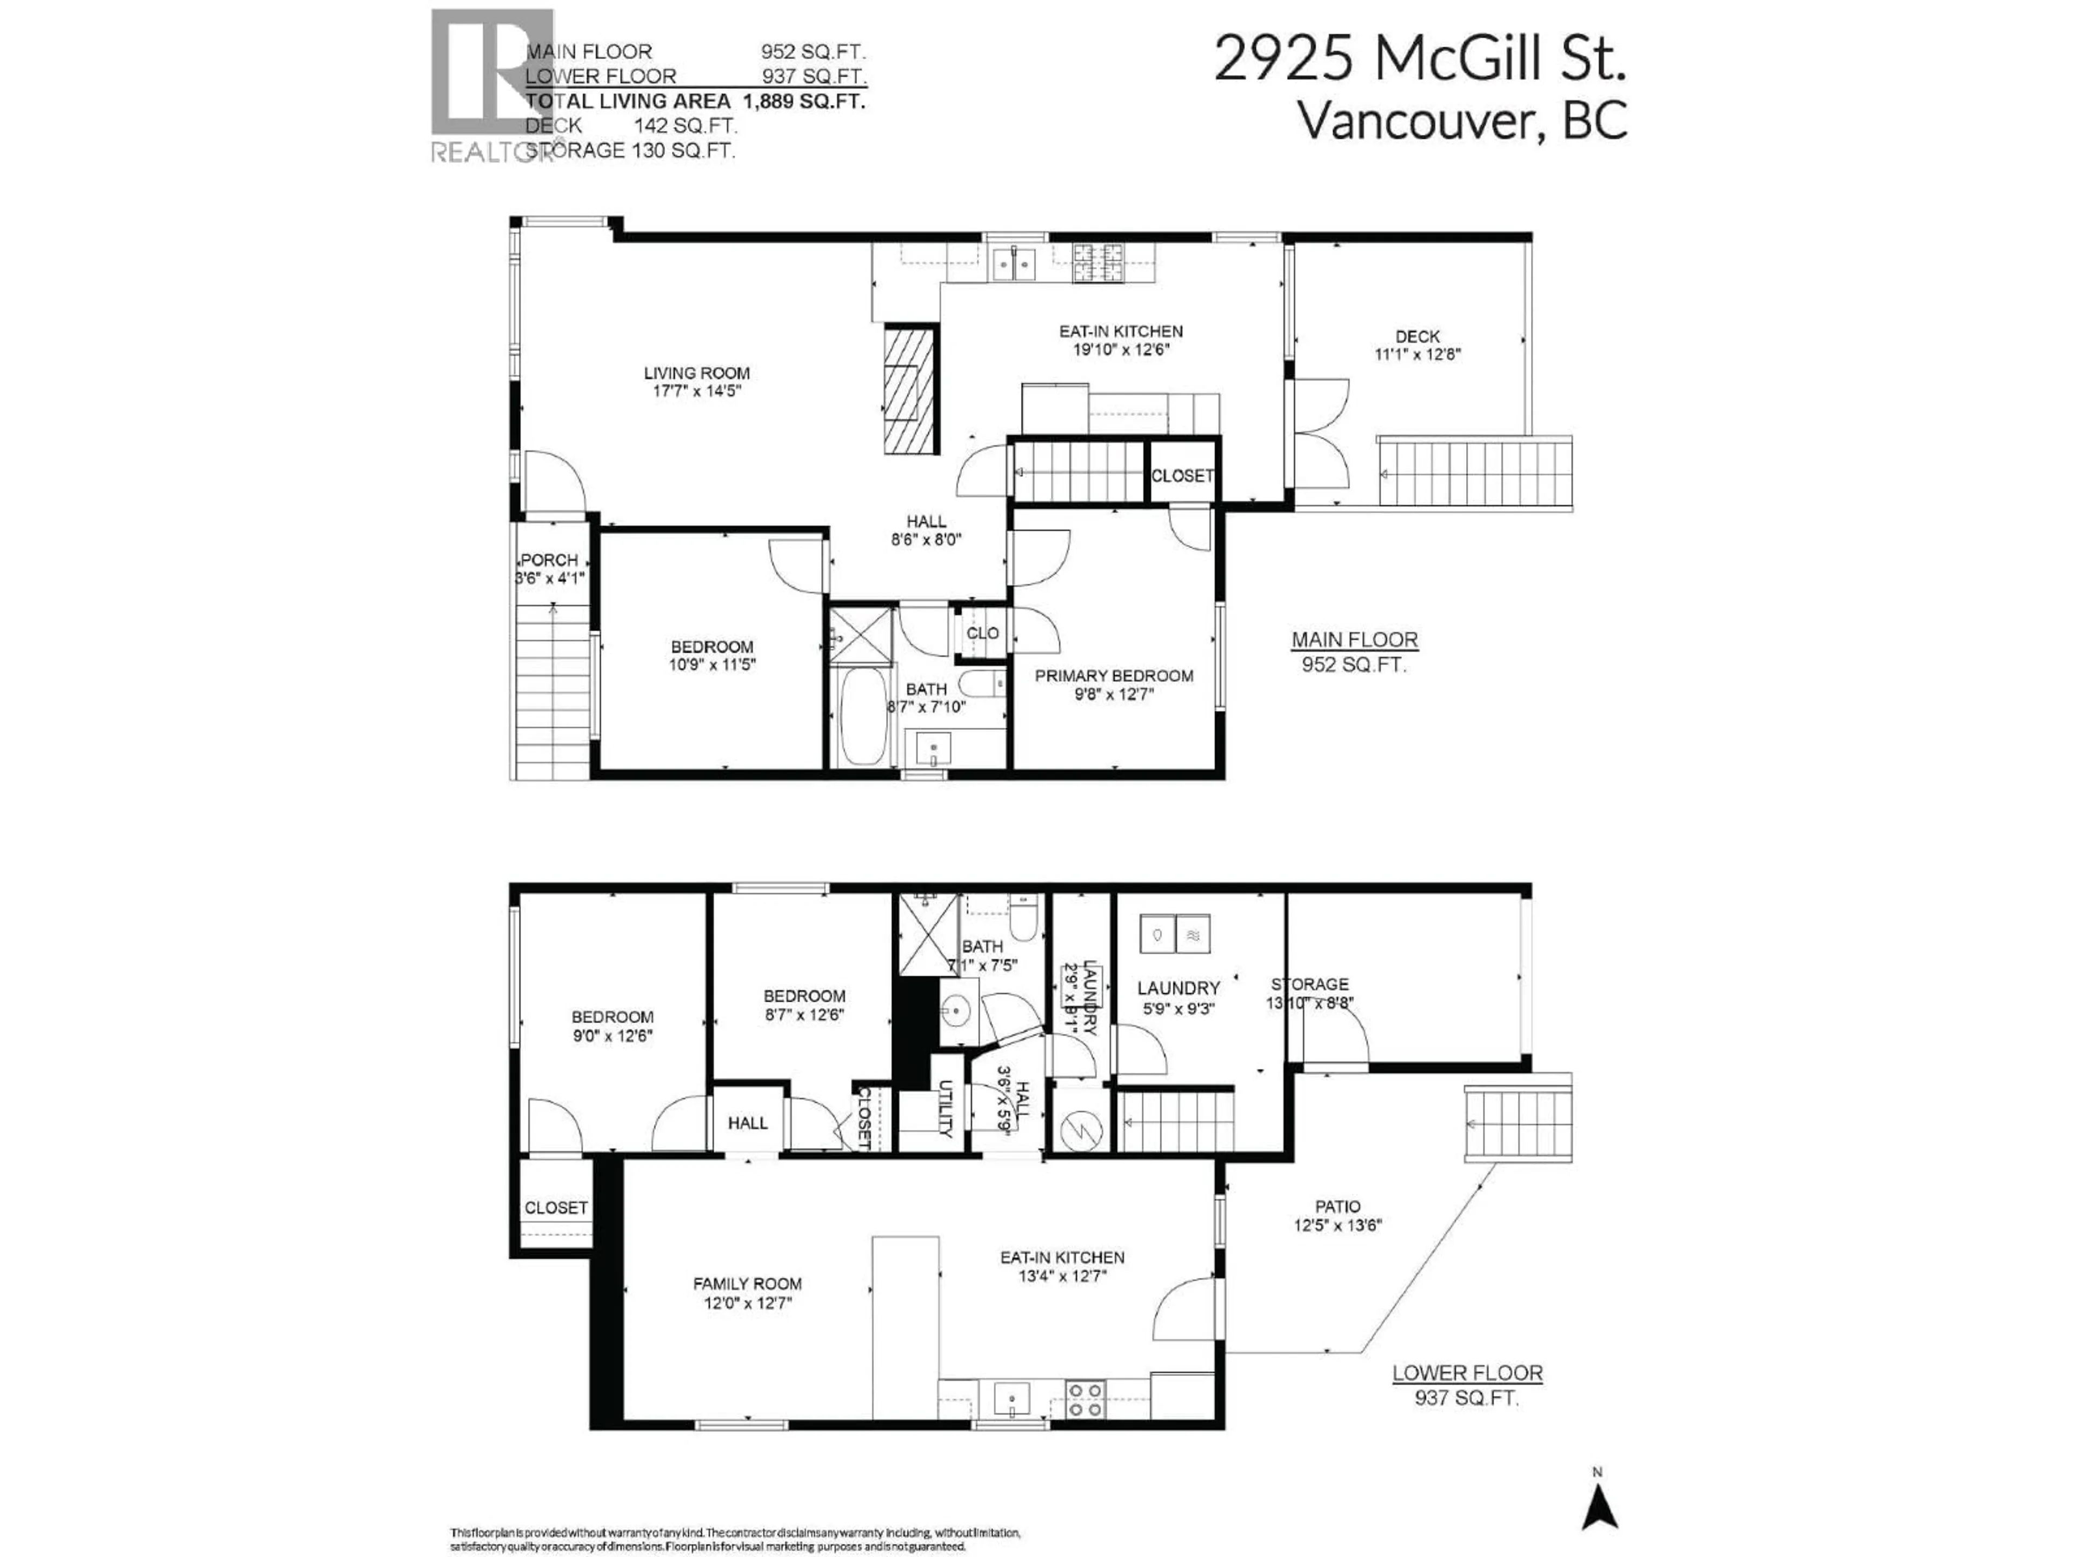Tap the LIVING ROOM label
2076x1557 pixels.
[696, 372]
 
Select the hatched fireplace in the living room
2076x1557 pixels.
[909, 389]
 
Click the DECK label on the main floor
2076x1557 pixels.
[1417, 336]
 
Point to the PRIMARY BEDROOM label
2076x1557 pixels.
[1114, 676]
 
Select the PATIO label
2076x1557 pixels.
[1338, 1207]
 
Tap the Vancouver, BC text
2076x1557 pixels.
[1461, 120]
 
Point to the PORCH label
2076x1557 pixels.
[549, 560]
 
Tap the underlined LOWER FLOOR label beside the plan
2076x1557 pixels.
[1467, 1373]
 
